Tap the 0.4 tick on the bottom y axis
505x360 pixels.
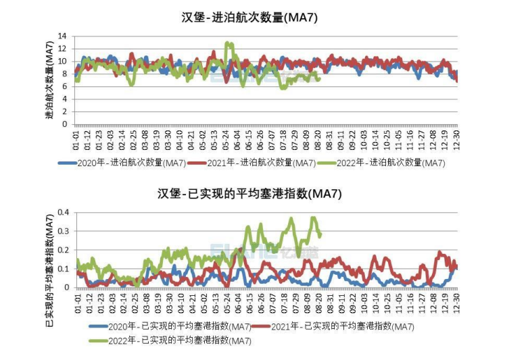[62, 212]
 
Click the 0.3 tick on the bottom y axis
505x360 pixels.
[62, 231]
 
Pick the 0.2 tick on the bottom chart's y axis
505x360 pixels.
[62, 250]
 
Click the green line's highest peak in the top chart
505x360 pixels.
[229, 43]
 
